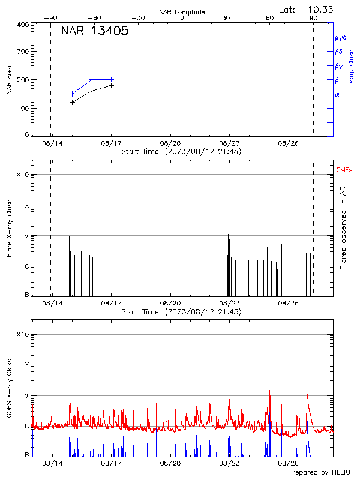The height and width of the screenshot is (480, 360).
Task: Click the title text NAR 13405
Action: click(x=94, y=32)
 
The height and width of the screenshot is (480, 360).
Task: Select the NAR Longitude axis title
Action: click(x=182, y=12)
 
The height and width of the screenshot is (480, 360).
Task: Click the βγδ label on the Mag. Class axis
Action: click(x=340, y=37)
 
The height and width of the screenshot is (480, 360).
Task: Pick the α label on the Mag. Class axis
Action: click(x=337, y=94)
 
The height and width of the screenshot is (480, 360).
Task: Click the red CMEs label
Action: click(x=344, y=170)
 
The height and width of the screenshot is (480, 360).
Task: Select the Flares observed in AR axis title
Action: click(x=343, y=228)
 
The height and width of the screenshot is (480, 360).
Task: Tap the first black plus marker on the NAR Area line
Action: click(x=73, y=102)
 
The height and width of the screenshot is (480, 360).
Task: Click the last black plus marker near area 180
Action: click(x=111, y=86)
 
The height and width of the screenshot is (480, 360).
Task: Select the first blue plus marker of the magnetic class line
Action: click(x=73, y=94)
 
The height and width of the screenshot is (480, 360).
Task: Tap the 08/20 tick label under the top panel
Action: click(x=170, y=143)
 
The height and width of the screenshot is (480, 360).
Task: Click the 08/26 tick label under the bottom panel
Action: click(x=289, y=464)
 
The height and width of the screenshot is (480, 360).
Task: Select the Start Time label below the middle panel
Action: click(x=181, y=312)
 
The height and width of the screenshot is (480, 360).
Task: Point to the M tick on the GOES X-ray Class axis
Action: click(x=26, y=395)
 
